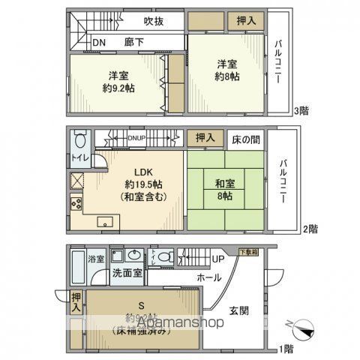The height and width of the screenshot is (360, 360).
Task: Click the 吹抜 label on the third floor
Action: click(154, 22)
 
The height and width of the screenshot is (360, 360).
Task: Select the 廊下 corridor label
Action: click(135, 43)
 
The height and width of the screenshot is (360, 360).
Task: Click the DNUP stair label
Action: click(136, 137)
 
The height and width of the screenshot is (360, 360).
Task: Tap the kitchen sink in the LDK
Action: click(104, 220)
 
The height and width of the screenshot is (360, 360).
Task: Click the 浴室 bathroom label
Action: click(97, 259)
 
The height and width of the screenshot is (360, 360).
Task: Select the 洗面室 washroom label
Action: click(127, 272)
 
